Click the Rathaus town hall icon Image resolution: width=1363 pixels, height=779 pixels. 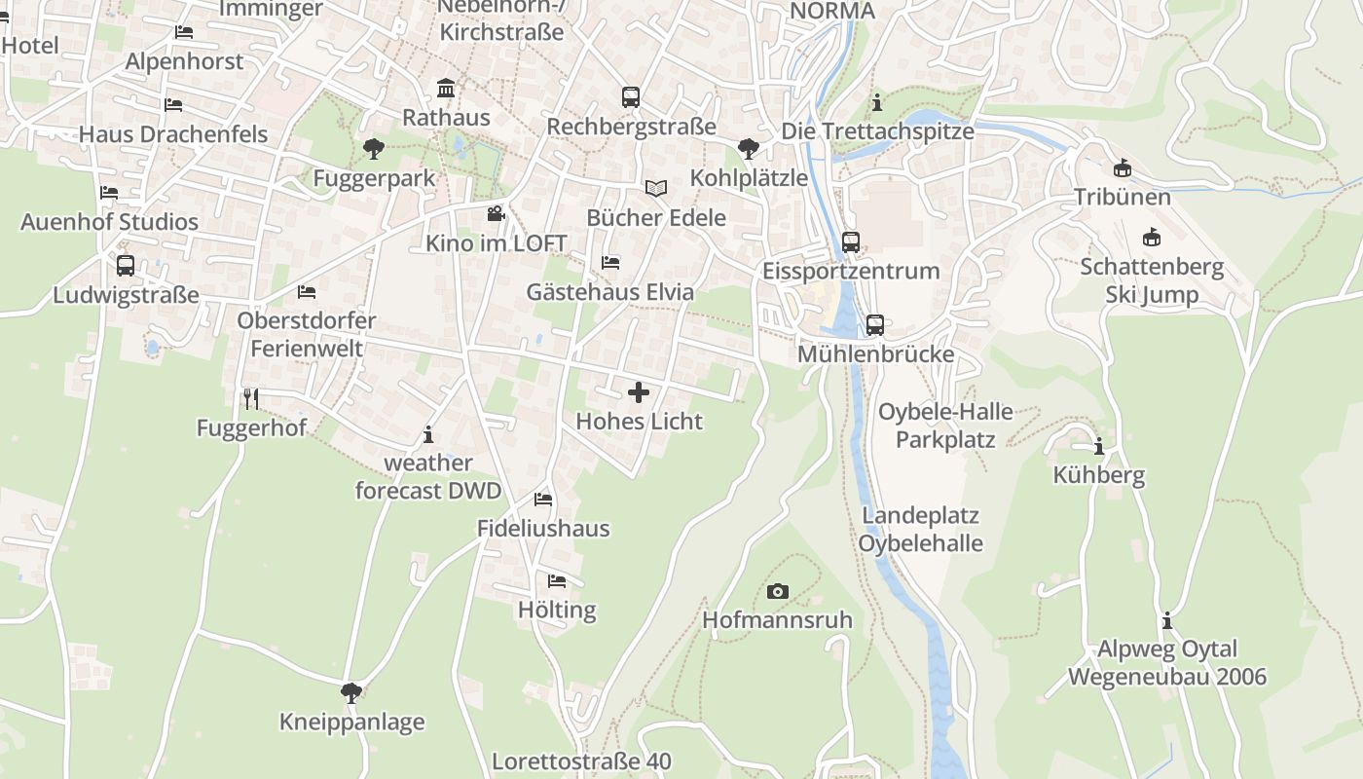click(x=446, y=89)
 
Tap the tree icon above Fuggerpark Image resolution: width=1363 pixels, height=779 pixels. click(x=372, y=149)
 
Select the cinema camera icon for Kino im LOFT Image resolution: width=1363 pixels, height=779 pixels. click(x=496, y=214)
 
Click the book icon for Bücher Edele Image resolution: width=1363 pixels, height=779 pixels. click(x=656, y=188)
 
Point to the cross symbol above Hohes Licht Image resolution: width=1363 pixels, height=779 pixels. click(x=639, y=392)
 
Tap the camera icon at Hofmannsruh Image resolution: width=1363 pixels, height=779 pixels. click(x=777, y=591)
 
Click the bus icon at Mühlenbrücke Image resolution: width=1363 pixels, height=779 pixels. click(x=874, y=325)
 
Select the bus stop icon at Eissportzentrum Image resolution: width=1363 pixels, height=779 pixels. click(x=851, y=241)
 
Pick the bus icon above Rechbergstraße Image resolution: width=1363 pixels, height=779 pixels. click(x=631, y=97)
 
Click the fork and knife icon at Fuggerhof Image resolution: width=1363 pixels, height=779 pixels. click(x=251, y=398)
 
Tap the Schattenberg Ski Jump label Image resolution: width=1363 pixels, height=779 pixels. click(x=1151, y=280)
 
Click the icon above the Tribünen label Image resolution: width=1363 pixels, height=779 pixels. click(x=1122, y=167)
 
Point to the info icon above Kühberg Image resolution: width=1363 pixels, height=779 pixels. click(x=1099, y=447)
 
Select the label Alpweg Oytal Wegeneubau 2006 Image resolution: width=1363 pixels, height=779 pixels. click(x=1167, y=662)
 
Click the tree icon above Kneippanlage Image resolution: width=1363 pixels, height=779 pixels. click(x=351, y=693)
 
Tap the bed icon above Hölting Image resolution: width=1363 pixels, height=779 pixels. click(x=557, y=581)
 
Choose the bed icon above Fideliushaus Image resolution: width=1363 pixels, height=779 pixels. click(x=543, y=500)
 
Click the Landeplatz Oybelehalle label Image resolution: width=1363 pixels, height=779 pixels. click(x=920, y=529)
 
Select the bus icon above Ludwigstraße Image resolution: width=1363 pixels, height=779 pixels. click(x=126, y=266)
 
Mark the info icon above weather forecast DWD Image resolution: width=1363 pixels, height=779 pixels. click(x=428, y=434)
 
